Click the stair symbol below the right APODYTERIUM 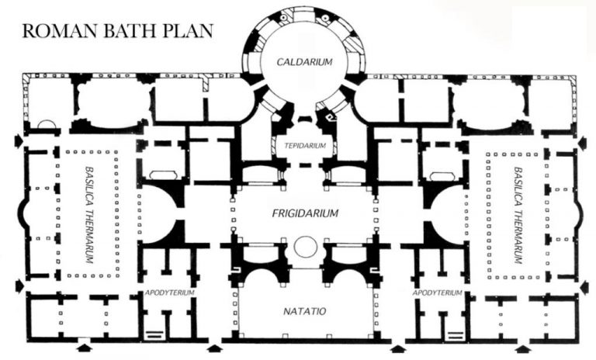tap(452, 334)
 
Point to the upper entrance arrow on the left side tap(17, 143)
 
